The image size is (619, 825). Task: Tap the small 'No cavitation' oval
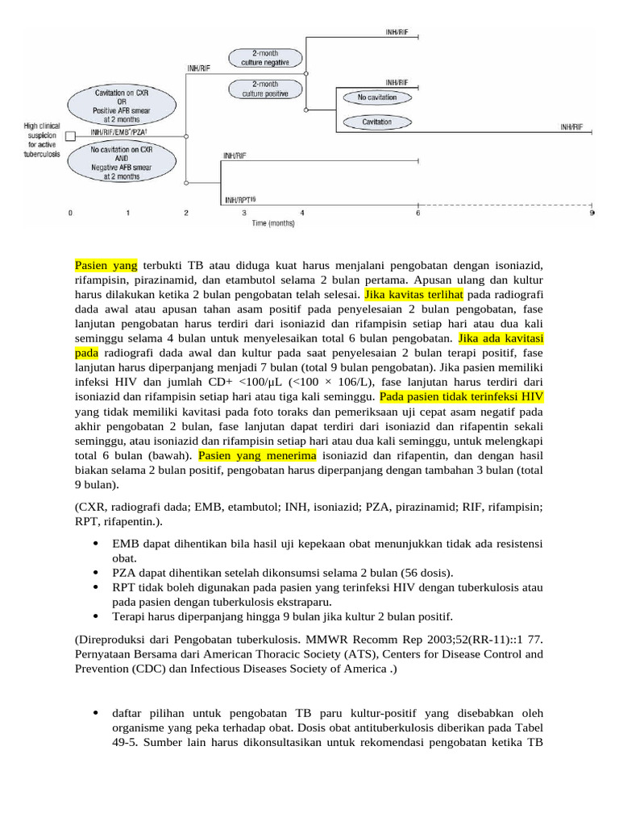click(377, 97)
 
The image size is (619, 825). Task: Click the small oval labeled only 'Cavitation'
click(377, 122)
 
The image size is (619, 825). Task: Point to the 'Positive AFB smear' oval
click(120, 104)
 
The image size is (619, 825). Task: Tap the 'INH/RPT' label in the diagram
click(239, 199)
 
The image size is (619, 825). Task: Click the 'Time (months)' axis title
click(272, 222)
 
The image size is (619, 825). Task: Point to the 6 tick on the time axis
click(418, 213)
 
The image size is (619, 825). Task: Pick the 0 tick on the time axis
click(70, 213)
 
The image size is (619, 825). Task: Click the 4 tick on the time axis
click(302, 213)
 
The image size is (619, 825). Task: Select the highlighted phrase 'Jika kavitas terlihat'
click(414, 295)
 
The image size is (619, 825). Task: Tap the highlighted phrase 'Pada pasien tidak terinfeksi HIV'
click(461, 397)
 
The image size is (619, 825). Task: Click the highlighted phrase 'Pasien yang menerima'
click(257, 456)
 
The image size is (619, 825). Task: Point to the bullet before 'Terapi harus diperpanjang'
click(96, 616)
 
